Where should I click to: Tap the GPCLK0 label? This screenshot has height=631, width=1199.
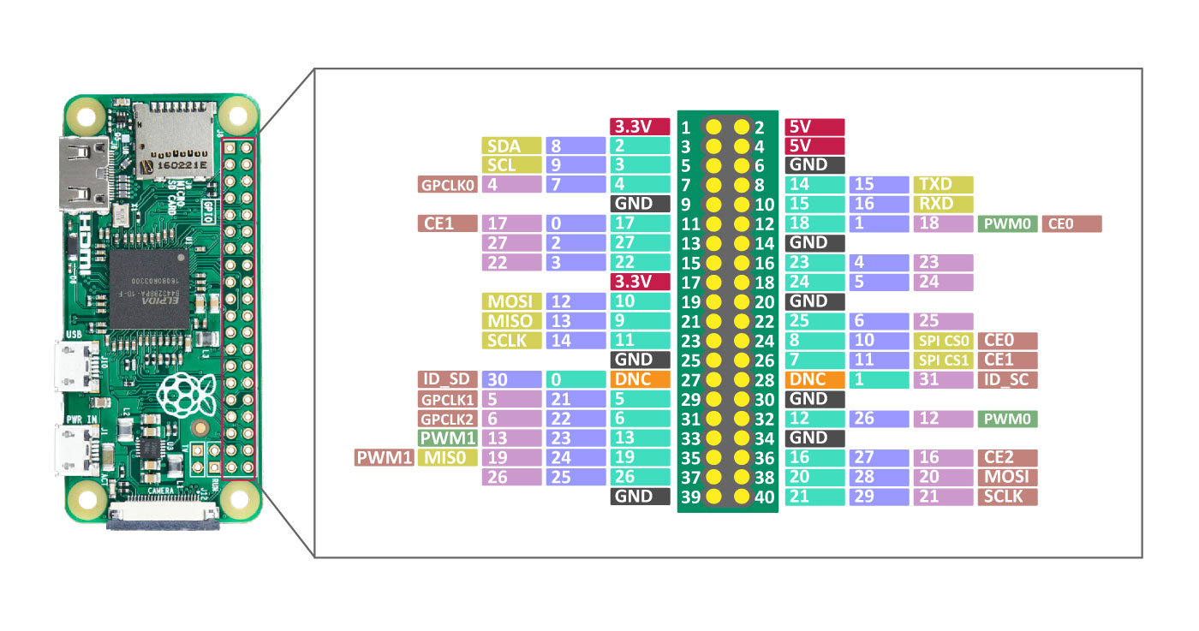pyautogui.click(x=446, y=184)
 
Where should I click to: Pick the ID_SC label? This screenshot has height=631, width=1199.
pyautogui.click(x=1007, y=379)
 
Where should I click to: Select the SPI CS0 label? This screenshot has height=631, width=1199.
pyautogui.click(x=943, y=341)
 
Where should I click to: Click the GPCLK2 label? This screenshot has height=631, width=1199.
pyautogui.click(x=446, y=419)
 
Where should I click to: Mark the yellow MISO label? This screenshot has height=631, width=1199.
pyautogui.click(x=511, y=321)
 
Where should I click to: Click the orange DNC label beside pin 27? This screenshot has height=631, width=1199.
pyautogui.click(x=639, y=379)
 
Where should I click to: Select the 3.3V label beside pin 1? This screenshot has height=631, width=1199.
pyautogui.click(x=639, y=126)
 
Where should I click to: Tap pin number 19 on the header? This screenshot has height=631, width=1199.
pyautogui.click(x=690, y=301)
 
